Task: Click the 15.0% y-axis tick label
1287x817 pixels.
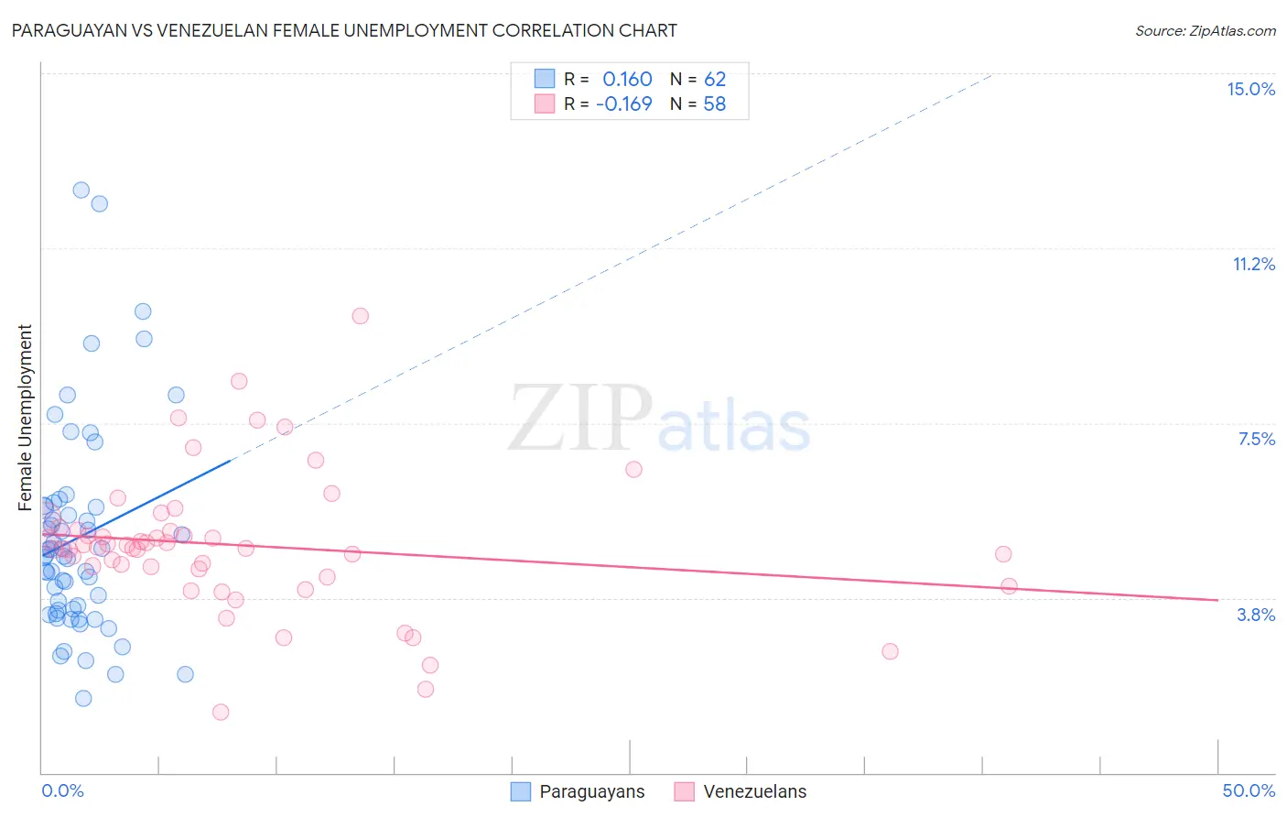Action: pos(1250,89)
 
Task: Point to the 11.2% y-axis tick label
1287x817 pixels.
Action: pos(1253,264)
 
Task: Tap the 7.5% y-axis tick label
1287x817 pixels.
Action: pos(1256,439)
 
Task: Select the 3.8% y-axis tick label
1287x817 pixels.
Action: pos(1256,615)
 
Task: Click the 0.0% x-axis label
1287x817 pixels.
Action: pos(62,790)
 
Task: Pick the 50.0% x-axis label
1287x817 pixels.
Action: pos(1249,790)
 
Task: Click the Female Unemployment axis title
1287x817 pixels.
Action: pos(26,418)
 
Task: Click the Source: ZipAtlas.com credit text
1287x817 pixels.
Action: pos(1205,31)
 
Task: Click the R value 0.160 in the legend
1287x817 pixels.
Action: pos(627,80)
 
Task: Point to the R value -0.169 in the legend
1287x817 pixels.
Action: pos(623,104)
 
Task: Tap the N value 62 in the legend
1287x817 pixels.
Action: pos(715,80)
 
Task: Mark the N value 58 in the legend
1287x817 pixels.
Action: pos(714,104)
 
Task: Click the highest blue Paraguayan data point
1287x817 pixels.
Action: pos(81,190)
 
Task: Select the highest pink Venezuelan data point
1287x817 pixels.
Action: pos(361,316)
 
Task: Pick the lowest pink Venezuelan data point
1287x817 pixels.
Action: pos(221,712)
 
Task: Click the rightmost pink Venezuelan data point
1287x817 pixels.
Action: pos(1009,586)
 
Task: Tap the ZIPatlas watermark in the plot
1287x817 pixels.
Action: pos(659,419)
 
